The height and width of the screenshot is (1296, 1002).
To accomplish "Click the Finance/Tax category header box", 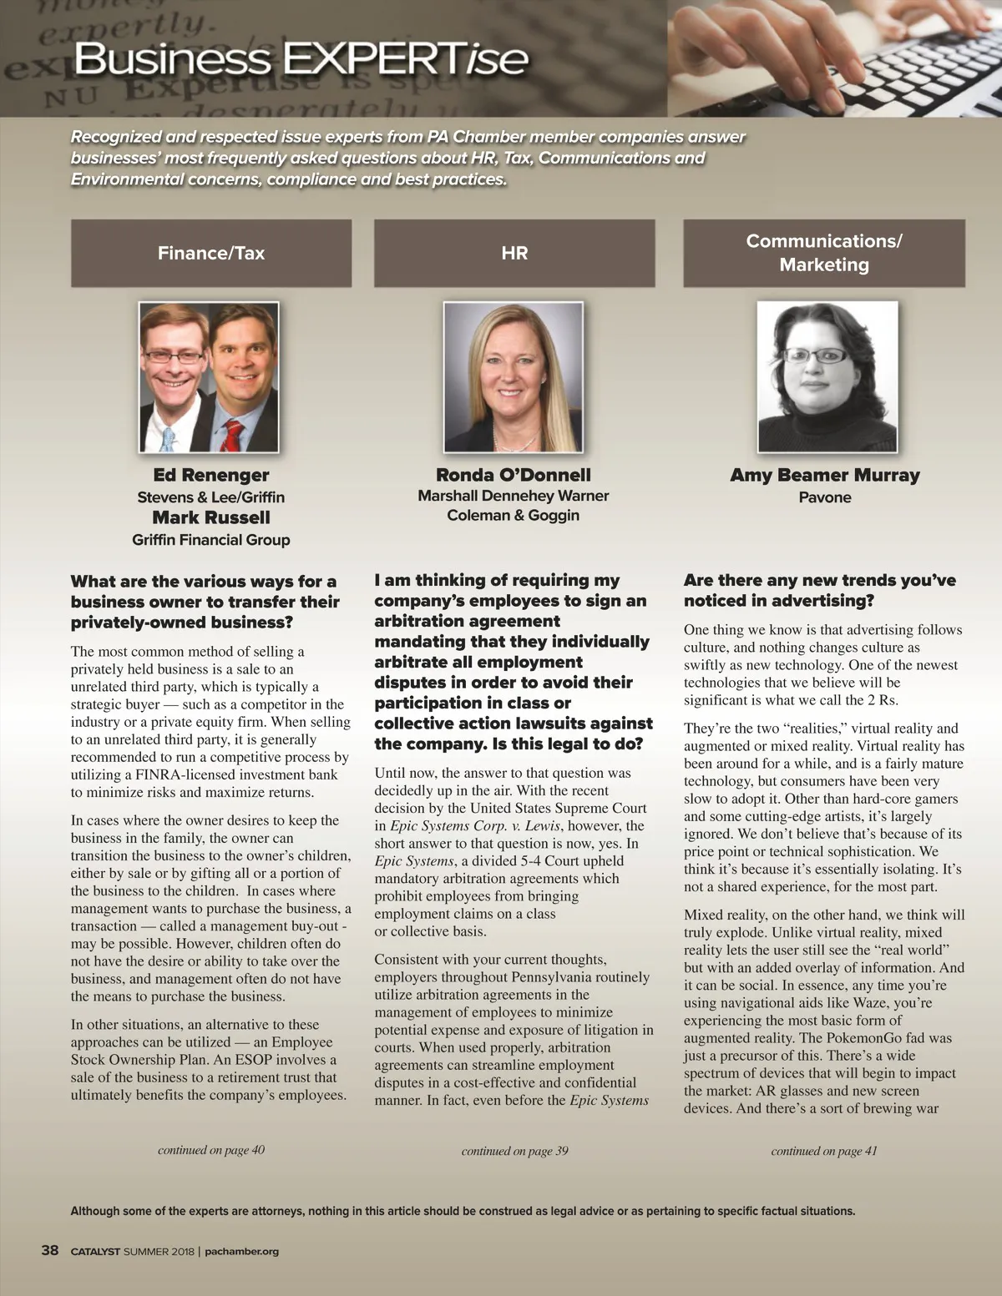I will click(x=211, y=253).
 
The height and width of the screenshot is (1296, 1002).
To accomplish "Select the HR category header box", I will click(x=514, y=253).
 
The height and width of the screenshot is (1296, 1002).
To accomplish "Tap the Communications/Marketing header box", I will click(x=824, y=253).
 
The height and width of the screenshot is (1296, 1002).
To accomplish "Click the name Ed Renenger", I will click(x=211, y=475).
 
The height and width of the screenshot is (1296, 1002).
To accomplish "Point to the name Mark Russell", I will click(x=211, y=517).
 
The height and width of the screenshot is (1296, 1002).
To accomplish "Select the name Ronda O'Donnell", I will click(x=514, y=475).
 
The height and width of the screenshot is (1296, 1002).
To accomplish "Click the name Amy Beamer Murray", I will click(x=825, y=475).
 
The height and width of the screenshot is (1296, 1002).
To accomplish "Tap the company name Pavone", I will click(x=825, y=497).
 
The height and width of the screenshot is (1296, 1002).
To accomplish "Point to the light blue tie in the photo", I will click(x=170, y=439).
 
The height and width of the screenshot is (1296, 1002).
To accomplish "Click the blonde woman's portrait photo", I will click(x=514, y=377).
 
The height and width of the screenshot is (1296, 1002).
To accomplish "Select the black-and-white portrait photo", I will click(x=827, y=377).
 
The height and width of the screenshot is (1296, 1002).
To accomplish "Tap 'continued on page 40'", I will click(x=211, y=1150).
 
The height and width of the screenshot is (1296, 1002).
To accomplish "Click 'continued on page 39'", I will click(x=514, y=1151).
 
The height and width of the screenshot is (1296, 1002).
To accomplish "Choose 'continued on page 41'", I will click(x=824, y=1151).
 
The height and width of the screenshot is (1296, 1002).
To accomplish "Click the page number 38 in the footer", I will click(x=50, y=1250).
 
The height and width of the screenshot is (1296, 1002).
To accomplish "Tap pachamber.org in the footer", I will click(x=242, y=1251).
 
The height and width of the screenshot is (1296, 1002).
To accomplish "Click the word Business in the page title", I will click(x=172, y=58).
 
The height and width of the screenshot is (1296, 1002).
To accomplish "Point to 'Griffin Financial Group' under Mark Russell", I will click(x=211, y=540).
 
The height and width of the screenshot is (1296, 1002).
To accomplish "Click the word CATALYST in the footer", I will click(x=95, y=1251).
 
